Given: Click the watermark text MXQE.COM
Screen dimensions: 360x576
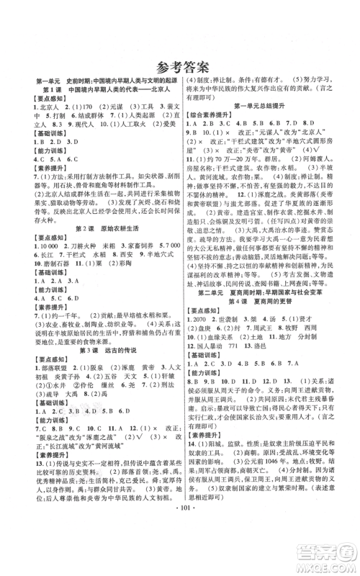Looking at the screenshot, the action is tap(328, 557).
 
